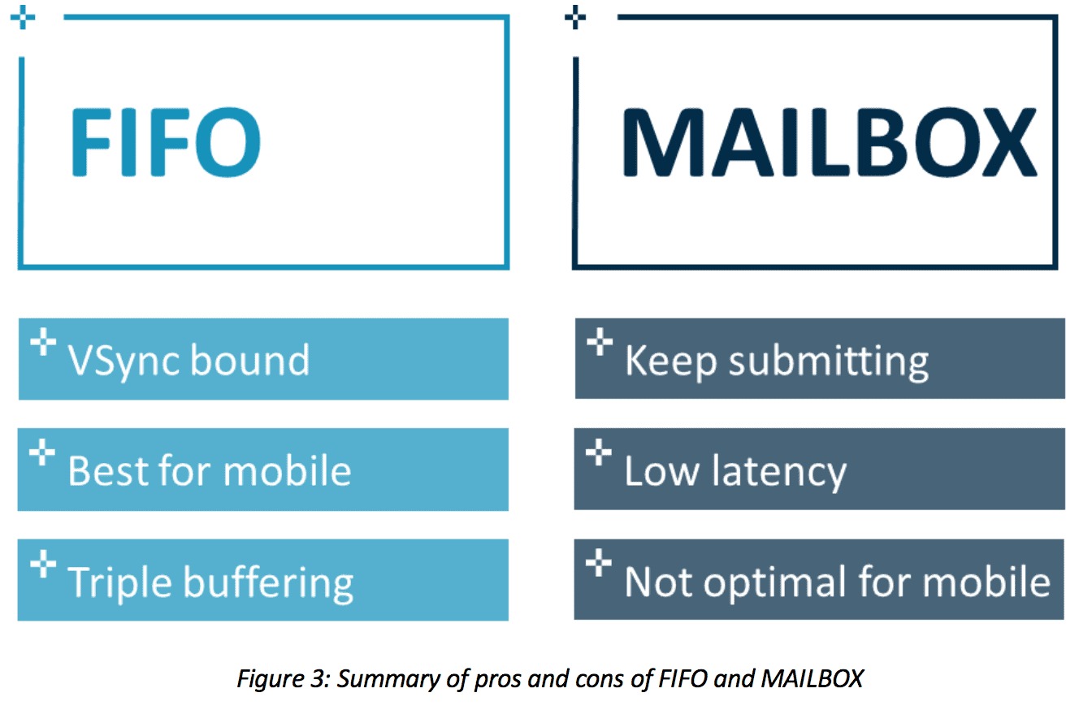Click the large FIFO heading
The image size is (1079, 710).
(x=166, y=141)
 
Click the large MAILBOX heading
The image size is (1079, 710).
(x=830, y=141)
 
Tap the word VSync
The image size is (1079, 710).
(x=124, y=361)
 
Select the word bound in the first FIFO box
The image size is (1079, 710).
(x=249, y=359)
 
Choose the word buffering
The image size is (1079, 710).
(x=269, y=583)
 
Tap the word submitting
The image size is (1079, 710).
(x=829, y=362)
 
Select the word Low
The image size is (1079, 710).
(x=661, y=470)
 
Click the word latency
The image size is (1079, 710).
(x=779, y=473)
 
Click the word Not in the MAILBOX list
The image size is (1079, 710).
(x=658, y=582)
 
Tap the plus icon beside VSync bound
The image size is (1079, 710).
(x=43, y=341)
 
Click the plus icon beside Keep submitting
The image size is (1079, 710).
(x=600, y=341)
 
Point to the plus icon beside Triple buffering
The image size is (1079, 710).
(x=43, y=563)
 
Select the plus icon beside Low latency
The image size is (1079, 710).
(x=599, y=452)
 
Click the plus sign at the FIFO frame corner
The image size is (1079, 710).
(x=23, y=17)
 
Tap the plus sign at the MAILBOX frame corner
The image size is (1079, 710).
(x=575, y=17)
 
